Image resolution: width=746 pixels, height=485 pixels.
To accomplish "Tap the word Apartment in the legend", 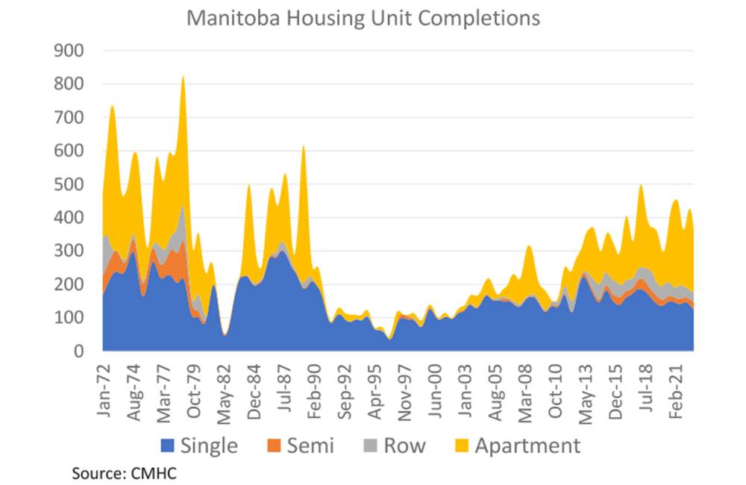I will tap(527, 446).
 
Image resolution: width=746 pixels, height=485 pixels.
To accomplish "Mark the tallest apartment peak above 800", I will tap(183, 78).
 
